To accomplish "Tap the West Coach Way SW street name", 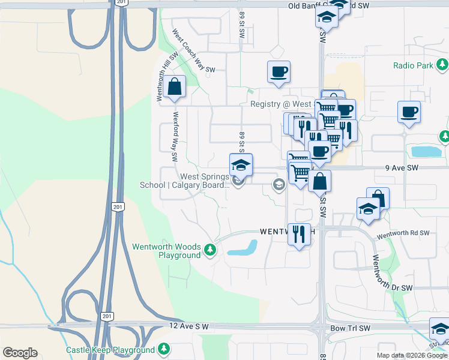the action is pos(193,52).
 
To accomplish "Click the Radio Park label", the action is pos(413,65).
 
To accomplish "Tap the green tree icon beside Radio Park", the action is pos(442,64).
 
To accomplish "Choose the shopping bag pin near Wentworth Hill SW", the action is pos(174,87).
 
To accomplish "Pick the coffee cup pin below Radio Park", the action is pos(409,112).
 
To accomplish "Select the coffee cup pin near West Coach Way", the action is pos(279,73).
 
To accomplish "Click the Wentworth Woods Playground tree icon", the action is pos(209,250).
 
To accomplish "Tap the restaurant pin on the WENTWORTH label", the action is pos(299,233).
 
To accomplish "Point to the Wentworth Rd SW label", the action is pos(403,233).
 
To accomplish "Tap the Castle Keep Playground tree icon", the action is pos(163,349).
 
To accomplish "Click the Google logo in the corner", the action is pos(20,353).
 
